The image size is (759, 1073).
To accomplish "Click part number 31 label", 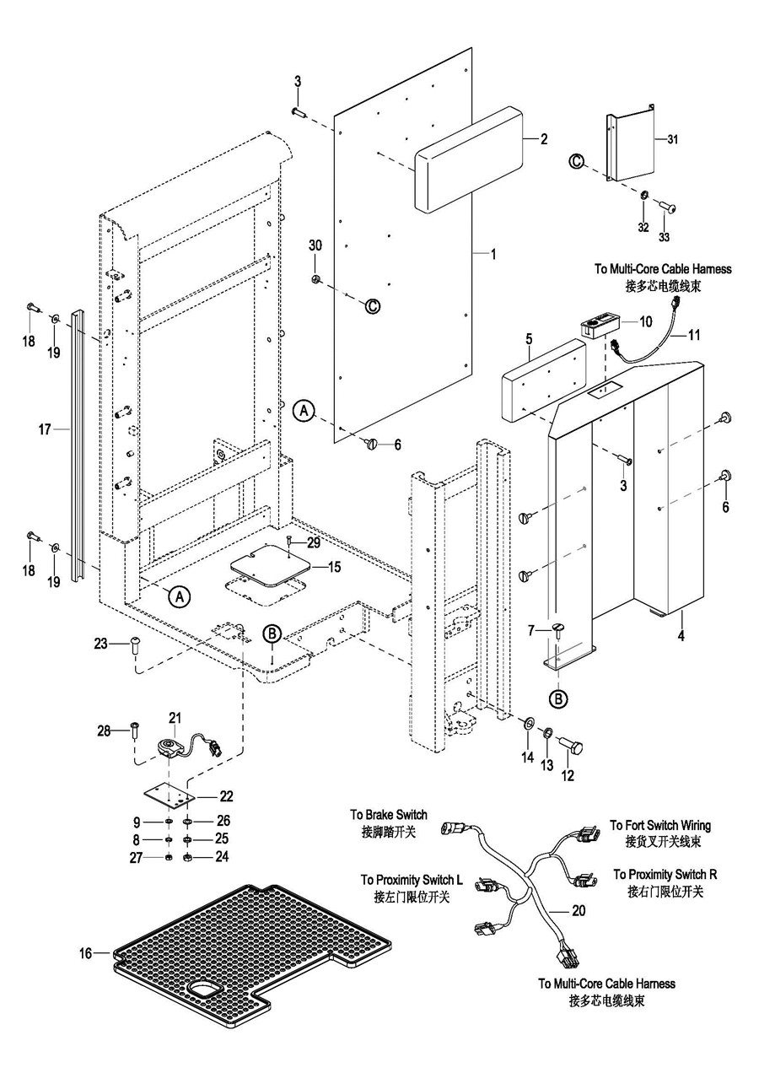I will tap(672, 138).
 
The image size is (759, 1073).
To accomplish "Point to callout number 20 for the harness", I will tap(578, 911).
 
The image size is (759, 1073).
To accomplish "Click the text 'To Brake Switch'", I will tap(389, 815).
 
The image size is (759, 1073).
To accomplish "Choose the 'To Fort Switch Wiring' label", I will tap(660, 825).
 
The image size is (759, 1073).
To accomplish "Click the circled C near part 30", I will tap(373, 306).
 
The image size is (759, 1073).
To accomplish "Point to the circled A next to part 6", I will tap(304, 411).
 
